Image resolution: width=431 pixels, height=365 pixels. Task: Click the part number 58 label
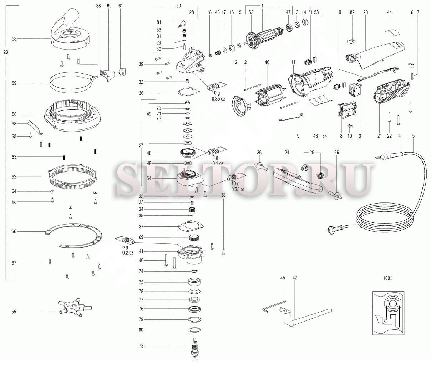(14, 39)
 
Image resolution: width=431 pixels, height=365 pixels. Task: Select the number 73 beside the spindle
(141, 346)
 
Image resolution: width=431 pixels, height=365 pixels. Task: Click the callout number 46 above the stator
(267, 62)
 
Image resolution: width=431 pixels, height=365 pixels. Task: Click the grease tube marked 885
(217, 151)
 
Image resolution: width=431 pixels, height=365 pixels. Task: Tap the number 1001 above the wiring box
(387, 278)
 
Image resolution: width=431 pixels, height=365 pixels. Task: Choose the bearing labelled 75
(194, 282)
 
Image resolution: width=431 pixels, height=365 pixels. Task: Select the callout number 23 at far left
(6, 52)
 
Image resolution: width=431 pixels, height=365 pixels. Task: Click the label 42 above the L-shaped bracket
(294, 278)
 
